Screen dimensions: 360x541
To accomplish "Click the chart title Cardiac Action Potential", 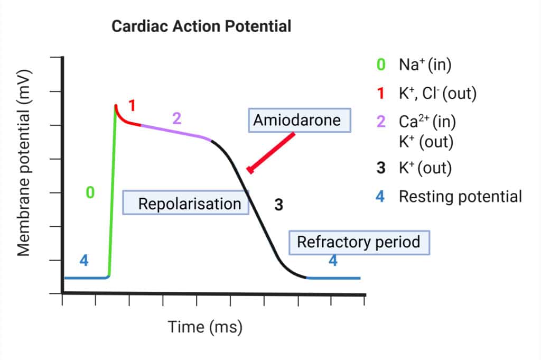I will tap(201, 26).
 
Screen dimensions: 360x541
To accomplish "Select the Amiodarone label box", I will tap(299, 120).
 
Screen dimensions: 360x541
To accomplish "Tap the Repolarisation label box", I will tap(186, 204).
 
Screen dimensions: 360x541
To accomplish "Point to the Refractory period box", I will tap(359, 242).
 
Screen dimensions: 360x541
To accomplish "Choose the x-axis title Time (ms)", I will tap(205, 327).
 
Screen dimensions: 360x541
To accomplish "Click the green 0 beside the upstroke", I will tap(90, 193).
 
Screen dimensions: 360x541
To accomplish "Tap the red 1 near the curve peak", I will tap(132, 106).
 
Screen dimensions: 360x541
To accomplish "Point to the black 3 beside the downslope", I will tap(278, 205).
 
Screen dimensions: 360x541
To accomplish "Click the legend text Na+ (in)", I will tap(425, 65).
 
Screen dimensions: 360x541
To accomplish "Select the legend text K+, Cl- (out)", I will tap(438, 94).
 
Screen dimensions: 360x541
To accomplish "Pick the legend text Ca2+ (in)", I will tap(427, 121).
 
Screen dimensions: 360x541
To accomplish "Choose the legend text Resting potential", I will tap(460, 197).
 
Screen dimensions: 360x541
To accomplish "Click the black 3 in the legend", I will tap(380, 169).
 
